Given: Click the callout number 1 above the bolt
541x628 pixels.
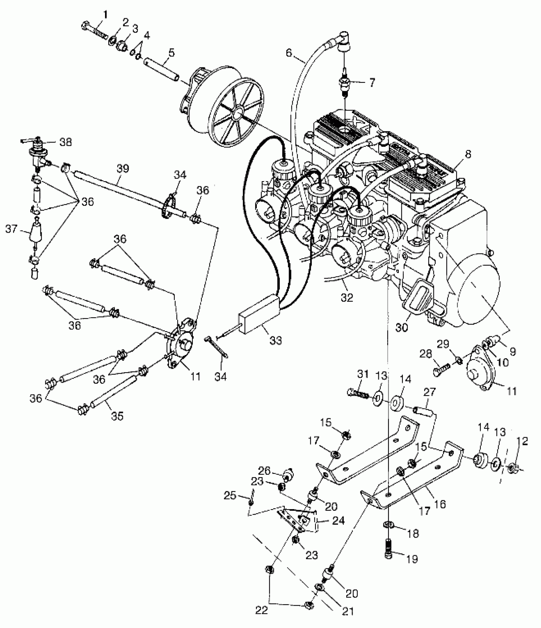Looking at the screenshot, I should click(105, 14).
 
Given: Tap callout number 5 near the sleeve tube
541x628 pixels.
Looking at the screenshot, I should click(171, 53).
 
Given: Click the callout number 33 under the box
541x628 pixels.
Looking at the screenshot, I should click(276, 340).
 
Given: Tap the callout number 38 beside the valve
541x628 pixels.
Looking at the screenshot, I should click(66, 142).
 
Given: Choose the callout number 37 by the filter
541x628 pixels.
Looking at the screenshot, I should click(11, 229).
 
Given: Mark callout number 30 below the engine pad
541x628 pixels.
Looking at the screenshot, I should click(402, 327).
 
